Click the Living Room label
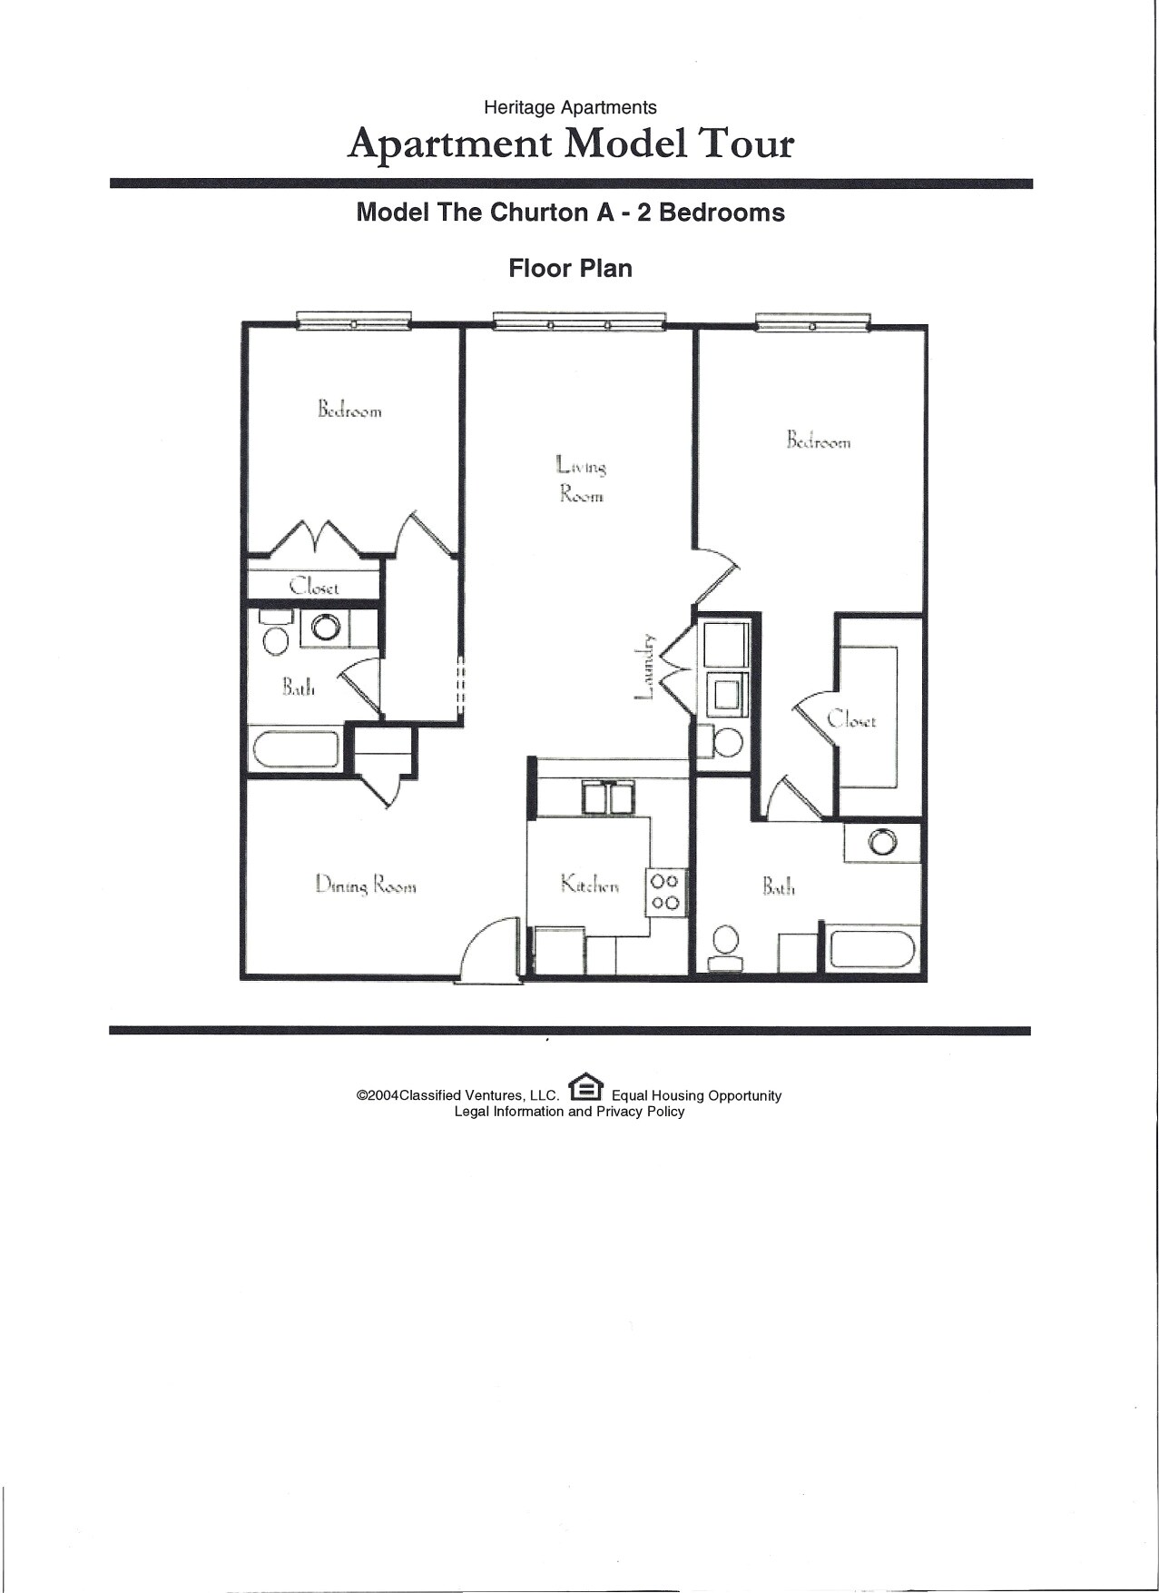point(581,480)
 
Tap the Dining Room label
point(366,885)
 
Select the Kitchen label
point(590,884)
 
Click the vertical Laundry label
point(643,667)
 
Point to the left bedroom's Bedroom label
point(349,410)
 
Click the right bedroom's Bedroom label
point(818,440)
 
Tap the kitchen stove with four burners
point(665,892)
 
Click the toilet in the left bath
point(276,632)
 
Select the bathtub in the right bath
point(872,949)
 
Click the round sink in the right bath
point(881,842)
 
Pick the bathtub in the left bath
point(296,750)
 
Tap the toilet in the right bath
point(725,947)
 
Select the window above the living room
point(578,321)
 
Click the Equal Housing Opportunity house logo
point(585,1086)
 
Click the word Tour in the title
point(745,143)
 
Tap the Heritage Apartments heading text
point(570,107)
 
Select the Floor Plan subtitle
point(570,268)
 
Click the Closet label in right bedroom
point(851,720)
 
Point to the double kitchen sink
point(607,798)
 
